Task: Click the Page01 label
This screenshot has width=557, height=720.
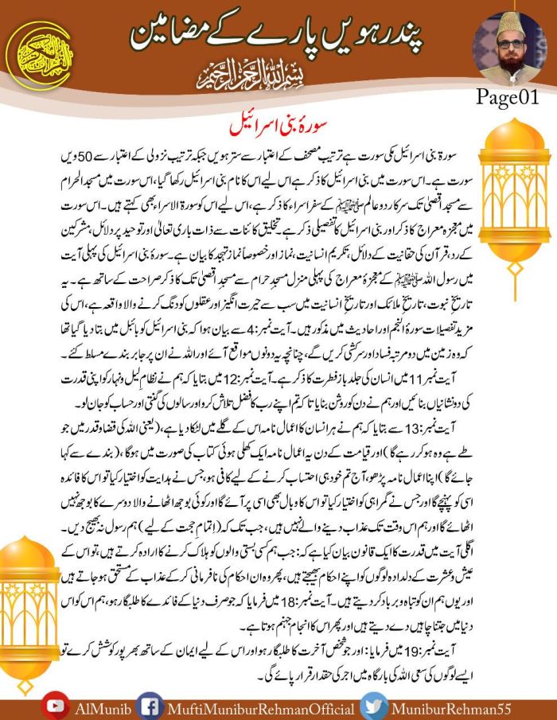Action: click(x=508, y=96)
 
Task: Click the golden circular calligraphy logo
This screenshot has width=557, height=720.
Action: click(x=39, y=54)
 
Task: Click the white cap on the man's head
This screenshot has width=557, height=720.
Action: click(x=509, y=23)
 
